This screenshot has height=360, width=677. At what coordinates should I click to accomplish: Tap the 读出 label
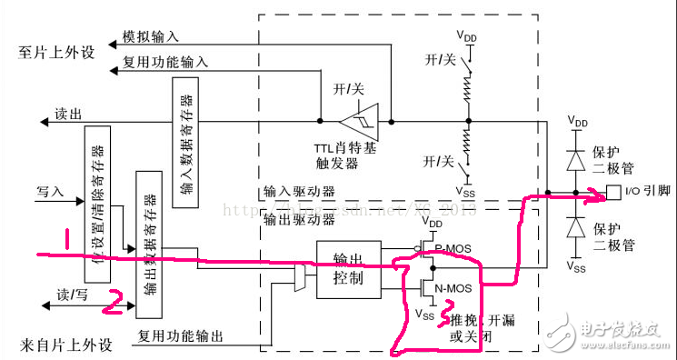pos(68,115)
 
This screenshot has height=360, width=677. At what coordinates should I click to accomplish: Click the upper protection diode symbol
pos(575,159)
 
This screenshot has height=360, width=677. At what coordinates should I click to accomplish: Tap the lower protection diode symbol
pos(575,229)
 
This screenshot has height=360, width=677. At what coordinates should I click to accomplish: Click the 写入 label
pos(50,192)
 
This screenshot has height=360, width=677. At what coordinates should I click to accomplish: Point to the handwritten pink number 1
pos(65,238)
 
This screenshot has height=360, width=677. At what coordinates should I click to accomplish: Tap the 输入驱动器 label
pos(298,192)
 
